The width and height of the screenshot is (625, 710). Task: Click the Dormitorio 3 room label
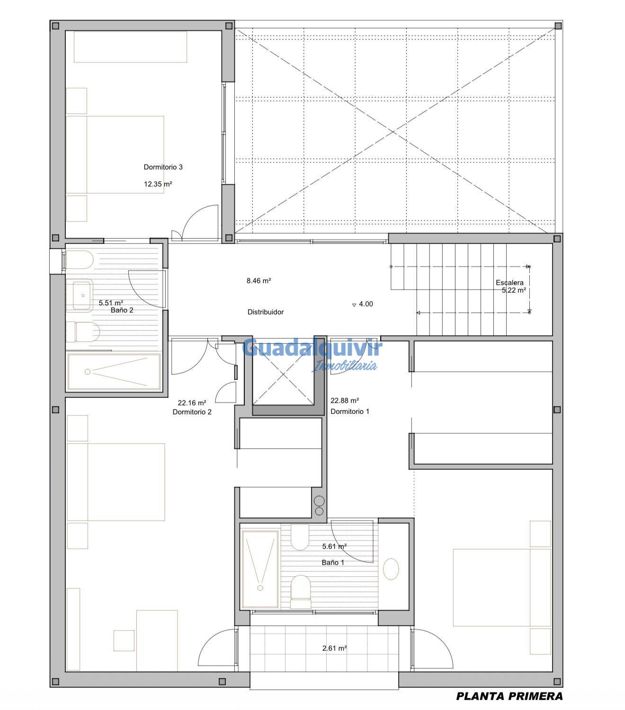tap(163, 167)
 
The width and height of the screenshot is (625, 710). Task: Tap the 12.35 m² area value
tap(158, 184)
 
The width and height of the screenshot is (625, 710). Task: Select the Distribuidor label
tap(266, 312)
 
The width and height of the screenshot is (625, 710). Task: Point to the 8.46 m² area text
tap(259, 281)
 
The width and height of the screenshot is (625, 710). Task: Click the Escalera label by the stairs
tap(509, 283)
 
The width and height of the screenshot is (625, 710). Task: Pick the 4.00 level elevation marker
tap(363, 304)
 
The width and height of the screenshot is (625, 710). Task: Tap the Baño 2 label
tap(122, 310)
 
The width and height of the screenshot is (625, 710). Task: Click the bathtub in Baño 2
tap(114, 372)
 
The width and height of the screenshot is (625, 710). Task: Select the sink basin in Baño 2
tap(82, 296)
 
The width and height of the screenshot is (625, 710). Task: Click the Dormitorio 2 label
tap(192, 412)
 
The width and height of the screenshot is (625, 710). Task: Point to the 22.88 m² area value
tap(344, 400)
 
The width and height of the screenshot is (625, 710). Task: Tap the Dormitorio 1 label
tap(349, 412)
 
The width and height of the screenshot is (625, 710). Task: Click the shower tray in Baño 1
tap(260, 568)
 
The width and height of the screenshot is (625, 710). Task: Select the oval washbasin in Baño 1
tap(391, 569)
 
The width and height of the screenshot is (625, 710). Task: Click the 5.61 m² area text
tap(334, 547)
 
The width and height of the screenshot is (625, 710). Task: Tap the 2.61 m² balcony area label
tap(334, 648)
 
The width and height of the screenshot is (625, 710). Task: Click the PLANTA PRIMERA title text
tap(509, 696)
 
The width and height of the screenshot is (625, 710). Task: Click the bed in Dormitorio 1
tap(502, 587)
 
